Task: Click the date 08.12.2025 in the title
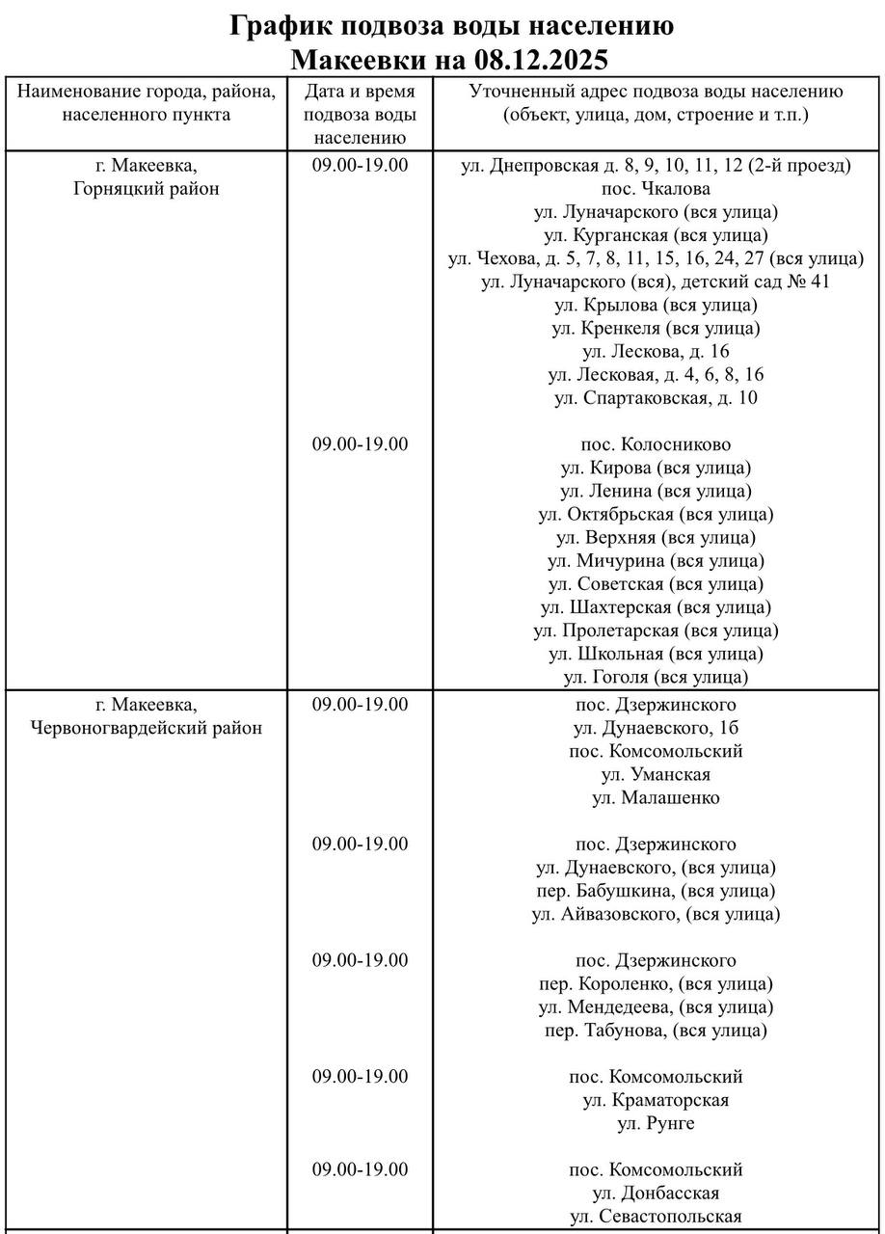coord(541,60)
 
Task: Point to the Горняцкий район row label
coord(147,188)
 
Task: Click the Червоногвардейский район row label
coord(147,728)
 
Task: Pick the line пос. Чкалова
coord(656,188)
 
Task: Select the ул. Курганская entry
coord(656,235)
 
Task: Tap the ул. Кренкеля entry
coord(656,329)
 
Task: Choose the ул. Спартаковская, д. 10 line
coord(656,398)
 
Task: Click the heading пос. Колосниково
coord(656,445)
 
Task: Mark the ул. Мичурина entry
coord(656,561)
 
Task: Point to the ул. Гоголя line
coord(656,678)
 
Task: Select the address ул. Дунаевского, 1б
coord(656,728)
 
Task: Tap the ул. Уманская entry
coord(656,774)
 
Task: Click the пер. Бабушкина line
coord(656,891)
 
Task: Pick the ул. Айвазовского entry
coord(656,914)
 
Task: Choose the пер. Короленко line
coord(656,984)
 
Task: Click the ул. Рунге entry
coord(656,1124)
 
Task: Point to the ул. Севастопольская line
coord(656,1217)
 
